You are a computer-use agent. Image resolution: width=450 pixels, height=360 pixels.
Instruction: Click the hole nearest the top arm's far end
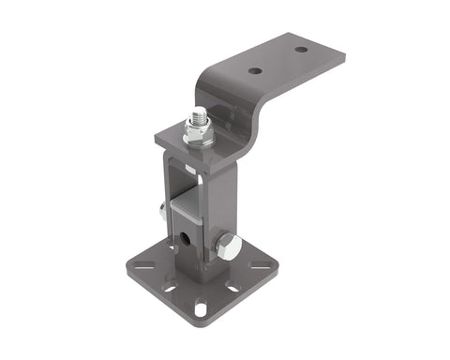coord(300,49)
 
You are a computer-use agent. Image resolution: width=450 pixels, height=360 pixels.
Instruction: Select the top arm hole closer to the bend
coord(255,70)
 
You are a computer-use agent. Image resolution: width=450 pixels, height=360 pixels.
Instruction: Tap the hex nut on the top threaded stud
coord(199,135)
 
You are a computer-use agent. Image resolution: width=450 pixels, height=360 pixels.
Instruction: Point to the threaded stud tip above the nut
coord(199,114)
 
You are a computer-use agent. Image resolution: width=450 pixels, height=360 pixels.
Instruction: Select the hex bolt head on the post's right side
coord(227,248)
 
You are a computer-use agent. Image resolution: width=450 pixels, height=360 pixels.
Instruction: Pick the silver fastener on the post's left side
coord(163,214)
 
